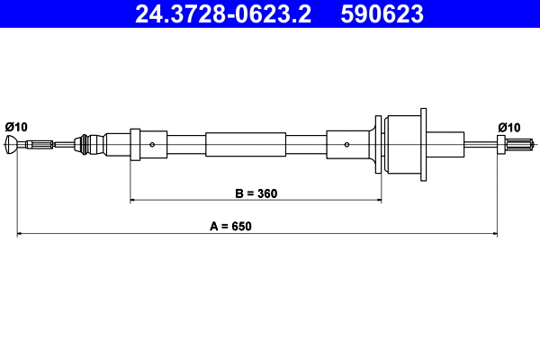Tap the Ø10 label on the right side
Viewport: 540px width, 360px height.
coord(509,126)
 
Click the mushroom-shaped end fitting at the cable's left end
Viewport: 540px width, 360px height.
coord(11,144)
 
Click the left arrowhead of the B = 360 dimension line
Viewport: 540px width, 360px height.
coord(135,200)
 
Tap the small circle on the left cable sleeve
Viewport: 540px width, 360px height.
coord(153,144)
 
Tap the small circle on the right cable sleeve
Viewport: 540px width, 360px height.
coord(346,144)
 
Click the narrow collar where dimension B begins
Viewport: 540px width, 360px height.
coord(135,144)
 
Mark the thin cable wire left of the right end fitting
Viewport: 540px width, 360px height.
coord(481,144)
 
